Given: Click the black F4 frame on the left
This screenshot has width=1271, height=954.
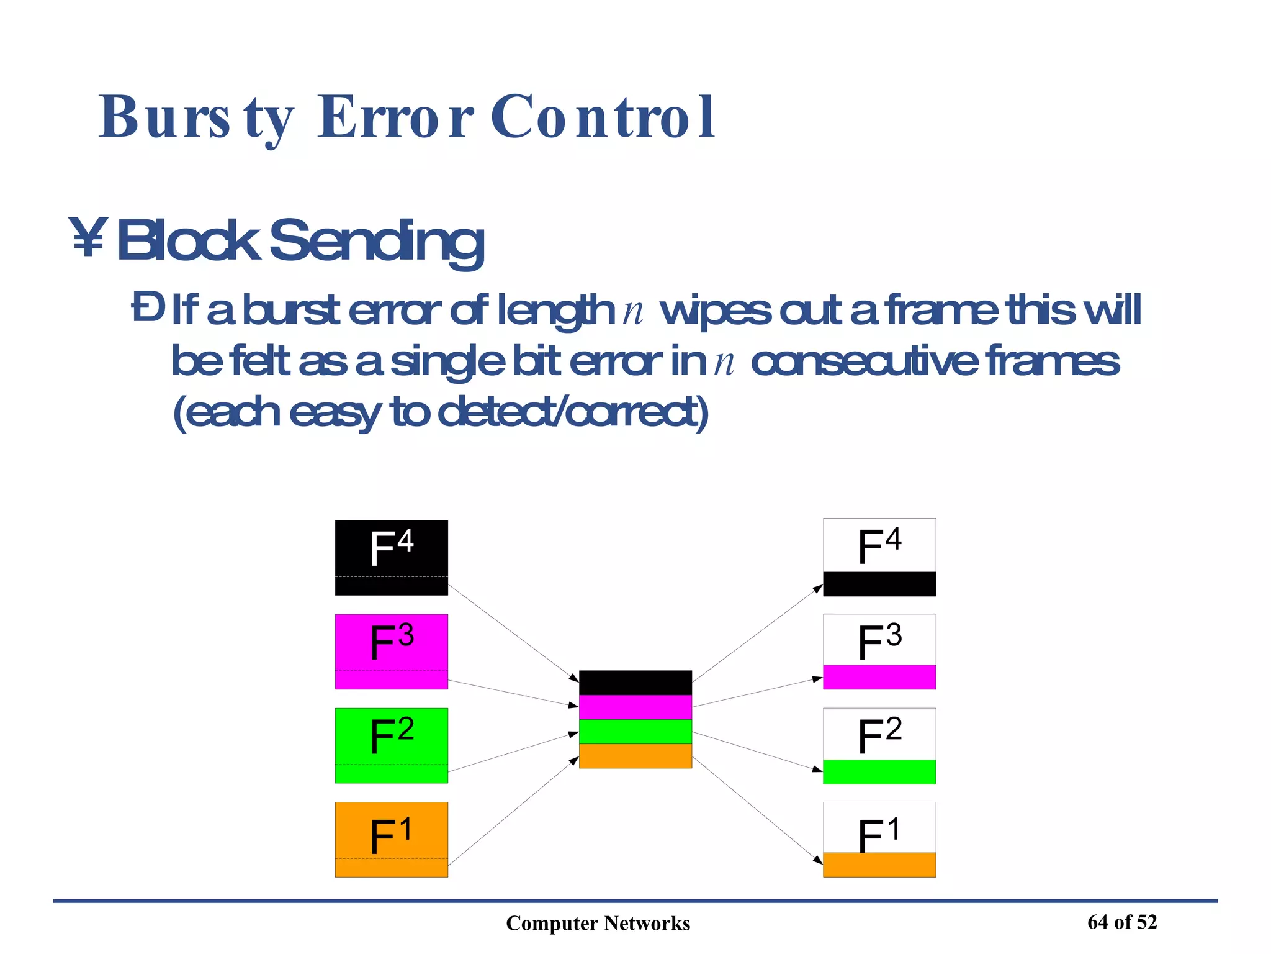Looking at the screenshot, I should coord(391,557).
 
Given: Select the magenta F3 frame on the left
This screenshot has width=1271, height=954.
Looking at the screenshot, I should coord(391,652).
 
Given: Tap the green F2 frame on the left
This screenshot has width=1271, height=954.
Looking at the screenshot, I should coord(391,745).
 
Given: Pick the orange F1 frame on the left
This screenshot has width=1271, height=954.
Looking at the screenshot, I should coord(391,839).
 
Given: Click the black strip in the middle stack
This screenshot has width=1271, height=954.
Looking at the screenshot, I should coord(635,683).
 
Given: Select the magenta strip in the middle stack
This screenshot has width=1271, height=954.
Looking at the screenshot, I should coord(635,707).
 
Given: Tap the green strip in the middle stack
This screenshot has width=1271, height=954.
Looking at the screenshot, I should coord(635,731).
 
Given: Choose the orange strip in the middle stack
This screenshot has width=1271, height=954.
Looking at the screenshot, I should coord(635,756).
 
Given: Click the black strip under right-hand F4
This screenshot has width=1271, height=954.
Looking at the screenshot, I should coord(879,584).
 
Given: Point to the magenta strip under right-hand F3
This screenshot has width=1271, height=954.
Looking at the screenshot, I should coord(879,677).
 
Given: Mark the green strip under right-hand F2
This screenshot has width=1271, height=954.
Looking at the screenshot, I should coord(879,771).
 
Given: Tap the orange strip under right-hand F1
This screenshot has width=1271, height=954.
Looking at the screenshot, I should coord(879,865).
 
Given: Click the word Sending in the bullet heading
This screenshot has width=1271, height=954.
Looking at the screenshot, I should coord(376,241).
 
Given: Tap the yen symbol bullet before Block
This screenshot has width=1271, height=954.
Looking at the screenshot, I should coord(88,237).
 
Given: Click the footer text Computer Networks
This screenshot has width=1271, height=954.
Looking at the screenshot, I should coord(598,924).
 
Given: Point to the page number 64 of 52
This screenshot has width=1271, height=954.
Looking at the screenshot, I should coord(1122,922).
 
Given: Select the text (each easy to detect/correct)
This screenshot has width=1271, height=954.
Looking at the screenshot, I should coord(440,412).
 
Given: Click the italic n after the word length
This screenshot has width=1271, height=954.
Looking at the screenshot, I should coord(632,311).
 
